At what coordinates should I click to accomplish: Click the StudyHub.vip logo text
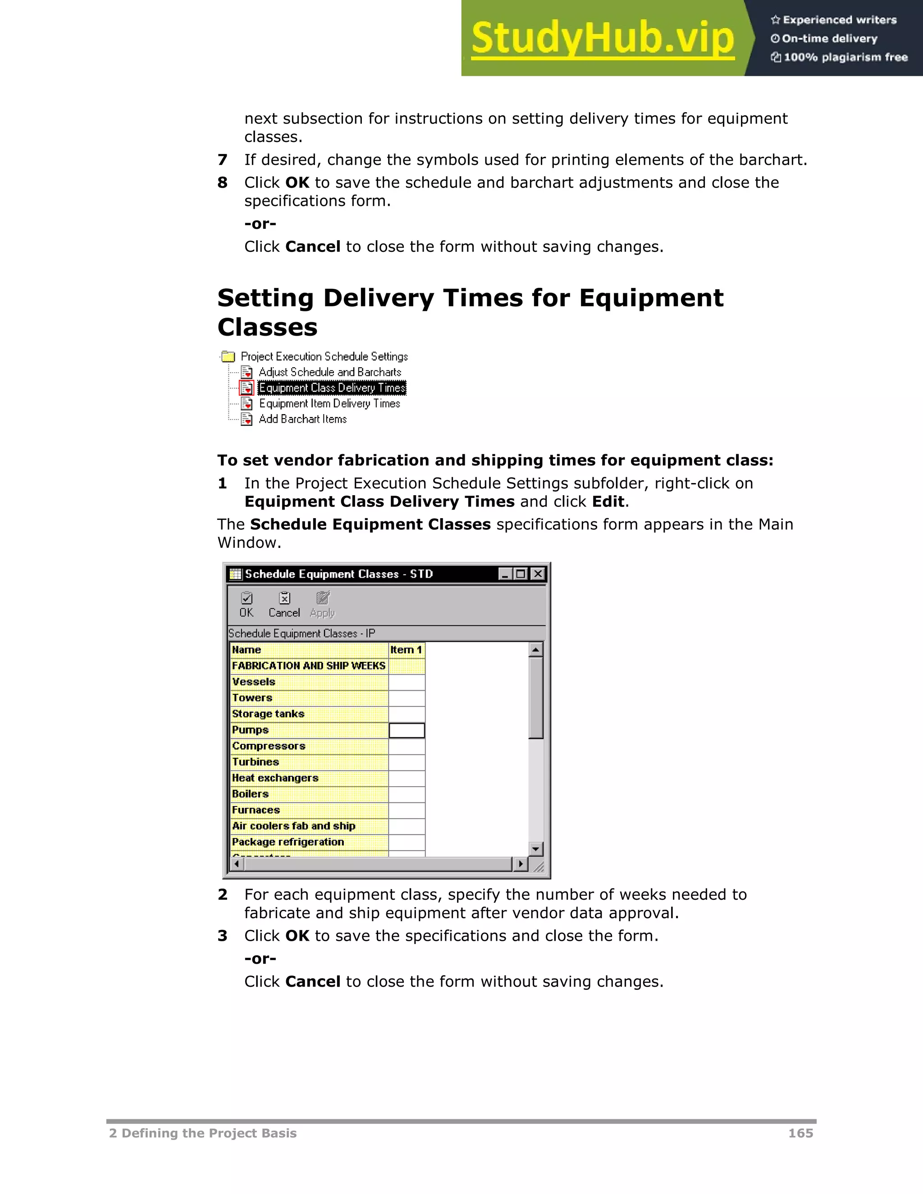coord(602,38)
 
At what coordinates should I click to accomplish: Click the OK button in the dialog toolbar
coord(247,605)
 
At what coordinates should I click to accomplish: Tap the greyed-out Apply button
coord(322,605)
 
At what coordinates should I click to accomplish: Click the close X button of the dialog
coord(538,574)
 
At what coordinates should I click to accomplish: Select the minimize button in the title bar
coord(505,574)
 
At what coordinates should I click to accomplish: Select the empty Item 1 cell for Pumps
coord(407,730)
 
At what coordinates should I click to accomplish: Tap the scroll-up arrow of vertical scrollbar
coord(536,649)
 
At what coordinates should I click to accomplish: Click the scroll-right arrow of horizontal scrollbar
coord(521,864)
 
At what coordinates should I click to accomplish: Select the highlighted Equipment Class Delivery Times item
coord(332,387)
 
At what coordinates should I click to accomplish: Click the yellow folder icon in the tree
coord(228,356)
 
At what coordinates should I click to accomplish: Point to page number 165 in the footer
coord(800,1133)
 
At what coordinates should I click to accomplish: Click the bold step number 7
coord(222,160)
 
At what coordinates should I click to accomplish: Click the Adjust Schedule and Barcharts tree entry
coord(330,372)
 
